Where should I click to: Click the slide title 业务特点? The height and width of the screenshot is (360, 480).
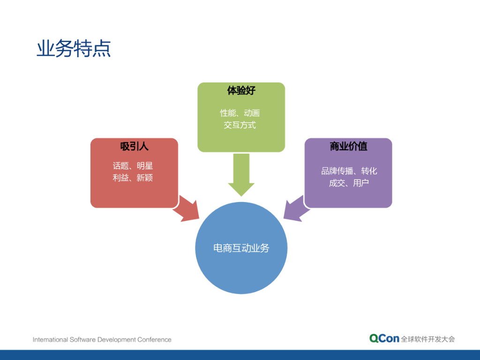tap(74, 49)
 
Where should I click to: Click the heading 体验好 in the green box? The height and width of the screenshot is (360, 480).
tap(241, 90)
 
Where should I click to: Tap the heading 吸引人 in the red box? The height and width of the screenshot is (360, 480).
tap(134, 146)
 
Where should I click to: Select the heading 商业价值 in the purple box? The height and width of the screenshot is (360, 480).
tap(348, 146)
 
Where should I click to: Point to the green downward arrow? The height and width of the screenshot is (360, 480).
tap(241, 174)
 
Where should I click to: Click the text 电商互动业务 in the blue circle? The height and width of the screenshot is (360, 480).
tap(241, 248)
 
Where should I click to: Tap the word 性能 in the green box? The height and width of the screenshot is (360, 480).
tap(228, 113)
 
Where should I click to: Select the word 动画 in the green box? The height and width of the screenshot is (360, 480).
tap(252, 113)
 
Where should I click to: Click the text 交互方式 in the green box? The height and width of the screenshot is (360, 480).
tap(240, 125)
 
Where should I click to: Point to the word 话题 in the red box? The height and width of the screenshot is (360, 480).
tap(120, 166)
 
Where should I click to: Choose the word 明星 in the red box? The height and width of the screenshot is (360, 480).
tap(145, 166)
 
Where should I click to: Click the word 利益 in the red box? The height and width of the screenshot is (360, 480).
tap(120, 178)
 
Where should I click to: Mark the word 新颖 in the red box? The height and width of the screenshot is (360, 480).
tap(145, 178)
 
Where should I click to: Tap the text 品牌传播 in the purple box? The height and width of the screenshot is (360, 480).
tap(337, 171)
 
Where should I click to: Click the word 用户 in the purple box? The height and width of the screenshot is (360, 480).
tap(361, 183)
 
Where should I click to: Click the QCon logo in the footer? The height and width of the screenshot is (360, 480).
tap(384, 339)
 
